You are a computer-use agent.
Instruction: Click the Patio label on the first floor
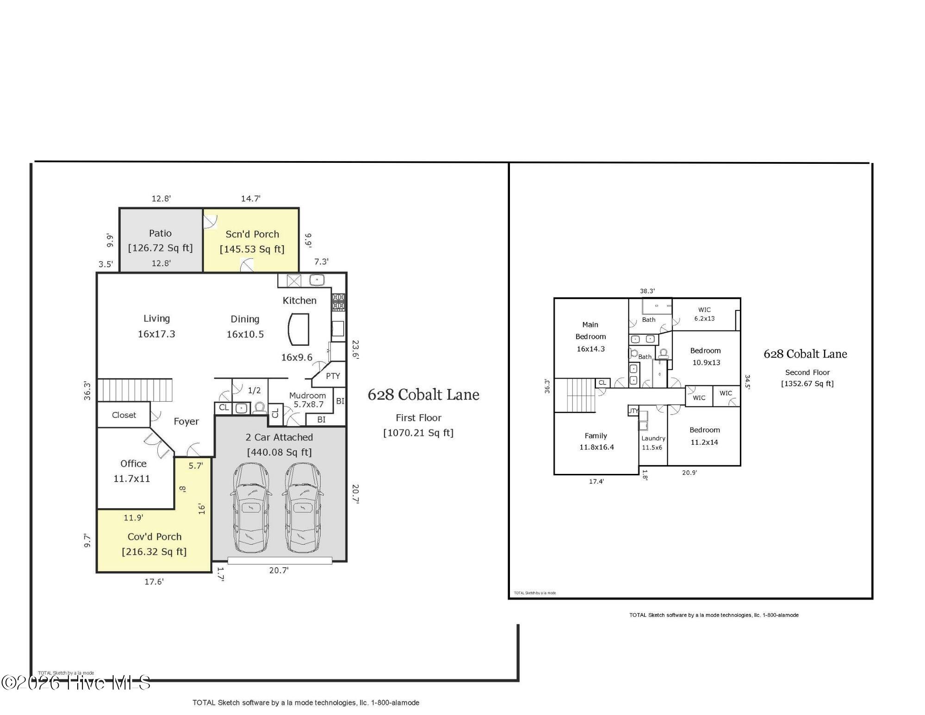coord(160,233)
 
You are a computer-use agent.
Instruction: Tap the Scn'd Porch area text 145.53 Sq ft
coord(252,249)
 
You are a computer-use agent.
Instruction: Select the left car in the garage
coord(250,508)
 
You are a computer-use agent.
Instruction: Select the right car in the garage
coord(303,508)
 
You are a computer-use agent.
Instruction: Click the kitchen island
coord(298,329)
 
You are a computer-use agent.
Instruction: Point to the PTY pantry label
coord(333,376)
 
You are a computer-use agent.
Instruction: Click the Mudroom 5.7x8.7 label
coord(308,400)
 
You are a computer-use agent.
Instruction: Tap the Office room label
coord(133,463)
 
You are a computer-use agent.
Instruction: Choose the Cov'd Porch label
coord(155,536)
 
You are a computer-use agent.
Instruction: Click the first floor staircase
coord(135,390)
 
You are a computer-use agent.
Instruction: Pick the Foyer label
coord(186,421)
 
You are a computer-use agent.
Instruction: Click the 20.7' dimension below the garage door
coord(279,570)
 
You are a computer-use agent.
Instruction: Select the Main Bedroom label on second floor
coord(590,330)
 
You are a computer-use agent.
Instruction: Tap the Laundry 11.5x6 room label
coord(652,442)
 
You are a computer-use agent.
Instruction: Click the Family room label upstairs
coord(596,435)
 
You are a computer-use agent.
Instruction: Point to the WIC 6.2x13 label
coord(704,314)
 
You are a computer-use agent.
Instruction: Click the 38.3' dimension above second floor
coord(647,291)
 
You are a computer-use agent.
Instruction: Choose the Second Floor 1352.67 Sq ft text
coord(807,378)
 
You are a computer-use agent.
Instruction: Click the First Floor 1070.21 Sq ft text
coord(418,425)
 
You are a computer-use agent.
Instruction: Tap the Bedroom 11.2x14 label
coord(704,435)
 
